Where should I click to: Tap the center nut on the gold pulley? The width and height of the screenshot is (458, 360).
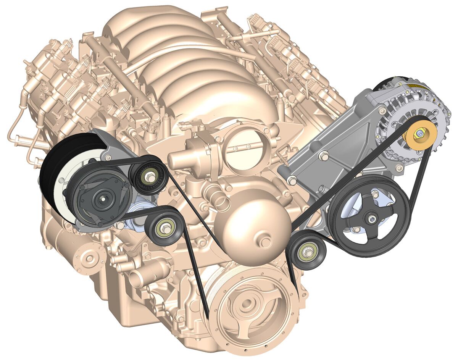[x=420, y=134]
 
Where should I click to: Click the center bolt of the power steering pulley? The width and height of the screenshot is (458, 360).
[x=371, y=219]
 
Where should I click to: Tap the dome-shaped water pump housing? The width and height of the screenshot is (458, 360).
[x=252, y=225]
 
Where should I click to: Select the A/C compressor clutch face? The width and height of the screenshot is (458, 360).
[x=101, y=199]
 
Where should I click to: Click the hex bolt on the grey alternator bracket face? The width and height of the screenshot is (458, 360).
[x=324, y=155]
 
